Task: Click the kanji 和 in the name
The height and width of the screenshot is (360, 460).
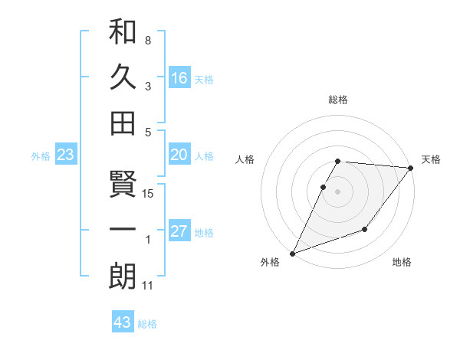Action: coord(123,33)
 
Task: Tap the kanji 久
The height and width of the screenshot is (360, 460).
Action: coord(123,77)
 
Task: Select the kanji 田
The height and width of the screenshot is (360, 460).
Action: coord(123,123)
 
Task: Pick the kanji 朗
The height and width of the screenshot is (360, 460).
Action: coord(123,277)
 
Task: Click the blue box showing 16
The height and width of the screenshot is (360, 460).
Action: coord(179,77)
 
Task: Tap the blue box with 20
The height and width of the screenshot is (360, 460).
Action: coord(179,155)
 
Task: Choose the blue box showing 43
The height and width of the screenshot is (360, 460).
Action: coord(123,322)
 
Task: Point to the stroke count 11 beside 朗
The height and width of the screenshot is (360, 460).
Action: coord(148,286)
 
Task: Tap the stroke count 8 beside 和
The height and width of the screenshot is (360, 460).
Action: coord(148,40)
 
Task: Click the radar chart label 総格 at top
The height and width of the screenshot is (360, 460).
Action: coord(338,100)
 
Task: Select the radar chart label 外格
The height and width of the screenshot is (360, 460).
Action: coord(270,262)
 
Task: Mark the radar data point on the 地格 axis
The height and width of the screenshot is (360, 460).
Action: coord(365,229)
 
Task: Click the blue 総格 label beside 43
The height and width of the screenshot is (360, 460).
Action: coord(147,324)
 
